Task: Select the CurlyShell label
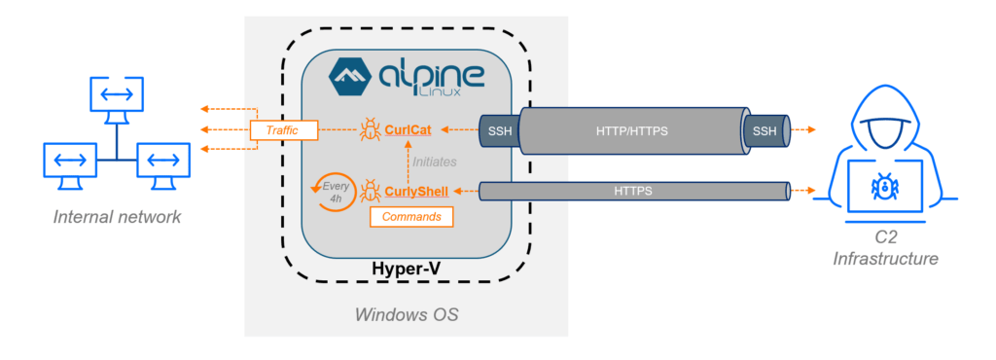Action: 416,192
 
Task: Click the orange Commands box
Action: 411,217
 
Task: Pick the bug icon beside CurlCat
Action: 371,128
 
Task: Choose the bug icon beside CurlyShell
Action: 371,191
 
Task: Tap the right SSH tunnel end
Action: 764,129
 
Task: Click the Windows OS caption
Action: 407,314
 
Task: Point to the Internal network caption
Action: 117,216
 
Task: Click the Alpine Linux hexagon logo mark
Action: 354,76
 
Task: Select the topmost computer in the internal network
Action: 117,95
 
